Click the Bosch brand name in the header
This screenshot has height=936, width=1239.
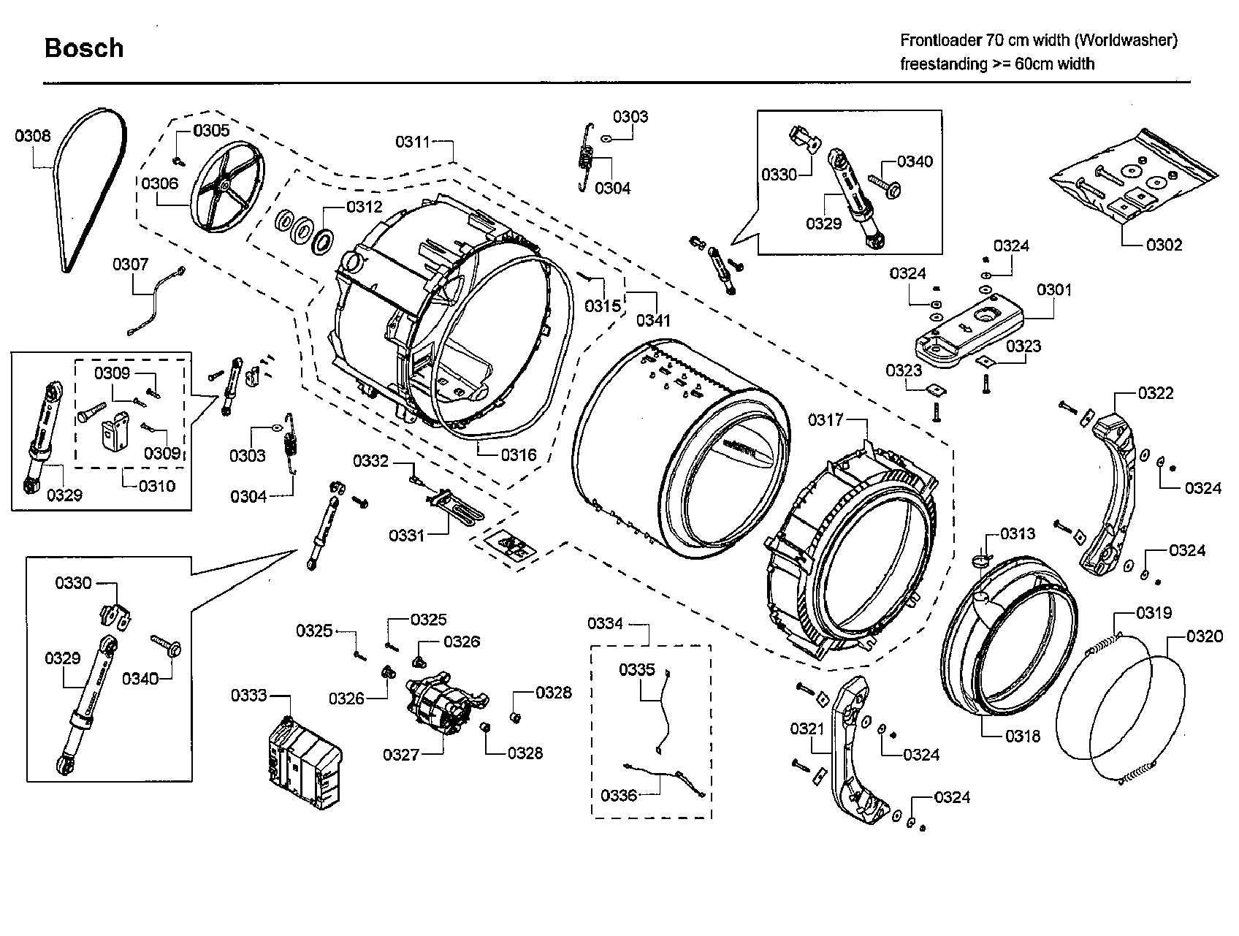click(x=84, y=48)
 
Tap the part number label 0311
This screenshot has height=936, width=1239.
click(x=413, y=142)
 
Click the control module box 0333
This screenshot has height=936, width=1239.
click(x=305, y=764)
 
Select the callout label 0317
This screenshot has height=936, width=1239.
click(x=826, y=420)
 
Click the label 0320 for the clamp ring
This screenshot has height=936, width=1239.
click(x=1205, y=637)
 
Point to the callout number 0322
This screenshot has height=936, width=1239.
click(x=1156, y=394)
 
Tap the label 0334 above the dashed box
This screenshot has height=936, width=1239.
click(x=606, y=623)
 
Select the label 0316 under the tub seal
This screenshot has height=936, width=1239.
click(x=519, y=455)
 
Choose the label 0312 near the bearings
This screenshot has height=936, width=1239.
click(x=365, y=208)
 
